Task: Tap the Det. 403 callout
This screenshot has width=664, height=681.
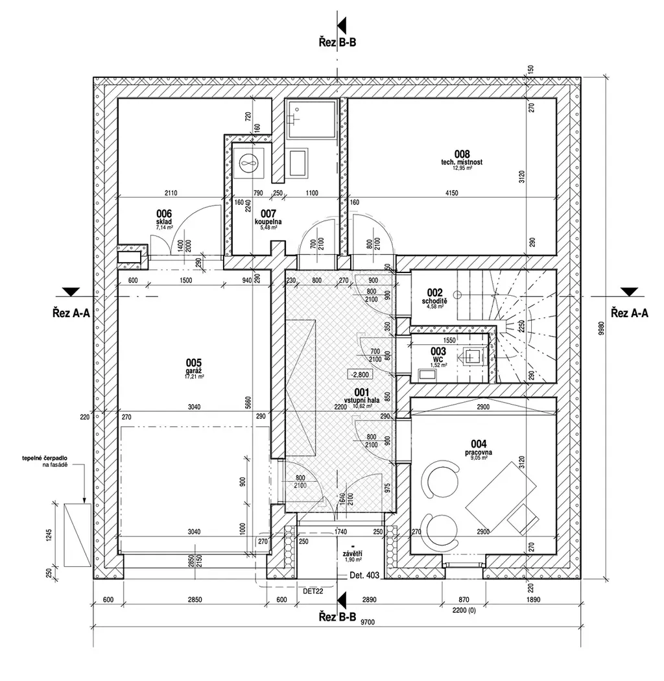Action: pyautogui.click(x=363, y=575)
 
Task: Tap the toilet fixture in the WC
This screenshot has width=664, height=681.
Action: pyautogui.click(x=471, y=355)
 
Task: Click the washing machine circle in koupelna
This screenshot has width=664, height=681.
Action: pyautogui.click(x=248, y=161)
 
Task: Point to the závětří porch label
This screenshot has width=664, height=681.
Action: pyautogui.click(x=353, y=555)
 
